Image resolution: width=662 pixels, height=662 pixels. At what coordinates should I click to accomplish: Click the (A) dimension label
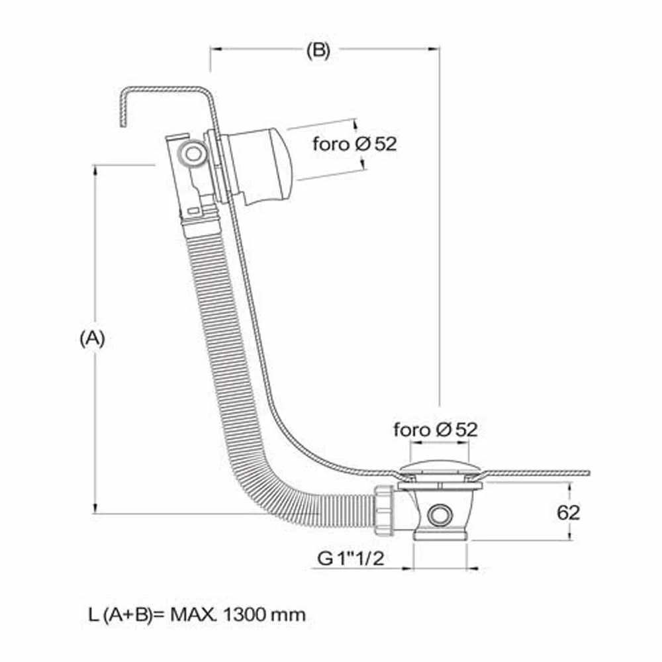[x=92, y=338]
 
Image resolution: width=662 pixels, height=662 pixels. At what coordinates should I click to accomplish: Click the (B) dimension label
[x=318, y=51]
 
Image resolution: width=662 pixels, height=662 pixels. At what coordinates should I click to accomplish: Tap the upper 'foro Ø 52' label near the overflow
[x=355, y=144]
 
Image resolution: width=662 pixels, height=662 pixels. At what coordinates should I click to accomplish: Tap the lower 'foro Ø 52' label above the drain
[x=436, y=430]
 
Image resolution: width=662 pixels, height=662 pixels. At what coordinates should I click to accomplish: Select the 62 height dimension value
[x=568, y=512]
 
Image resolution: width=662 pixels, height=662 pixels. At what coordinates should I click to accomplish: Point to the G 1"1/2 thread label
[x=350, y=559]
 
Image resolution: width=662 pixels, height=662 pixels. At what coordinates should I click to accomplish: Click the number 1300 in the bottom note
[x=244, y=614]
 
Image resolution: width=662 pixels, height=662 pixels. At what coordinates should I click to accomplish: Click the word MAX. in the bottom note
[x=194, y=614]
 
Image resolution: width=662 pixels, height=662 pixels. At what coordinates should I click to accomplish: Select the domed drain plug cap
[x=440, y=469]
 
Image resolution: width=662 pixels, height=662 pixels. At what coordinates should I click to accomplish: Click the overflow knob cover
[x=258, y=165]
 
